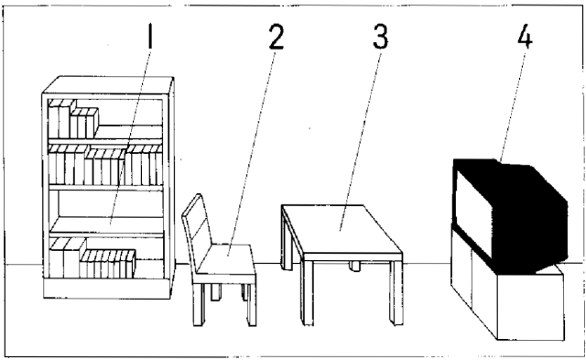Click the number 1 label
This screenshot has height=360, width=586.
point(150,36)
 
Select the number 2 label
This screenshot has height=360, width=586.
point(277,38)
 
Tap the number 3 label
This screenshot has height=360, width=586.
point(381,38)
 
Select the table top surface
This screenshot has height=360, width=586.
point(341,229)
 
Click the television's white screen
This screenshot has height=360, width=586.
point(473,210)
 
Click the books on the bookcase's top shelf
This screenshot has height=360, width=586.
point(73,119)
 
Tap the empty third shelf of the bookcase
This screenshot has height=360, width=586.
point(107,225)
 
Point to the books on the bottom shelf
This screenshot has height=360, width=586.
point(92,258)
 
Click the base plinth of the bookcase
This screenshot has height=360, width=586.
point(107,289)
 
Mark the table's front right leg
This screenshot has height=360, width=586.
point(396,292)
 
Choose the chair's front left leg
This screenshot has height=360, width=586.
point(199,304)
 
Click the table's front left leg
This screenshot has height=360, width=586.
point(308,292)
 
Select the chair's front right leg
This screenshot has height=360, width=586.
point(251,304)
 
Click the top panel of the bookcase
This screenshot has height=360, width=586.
point(108,84)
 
